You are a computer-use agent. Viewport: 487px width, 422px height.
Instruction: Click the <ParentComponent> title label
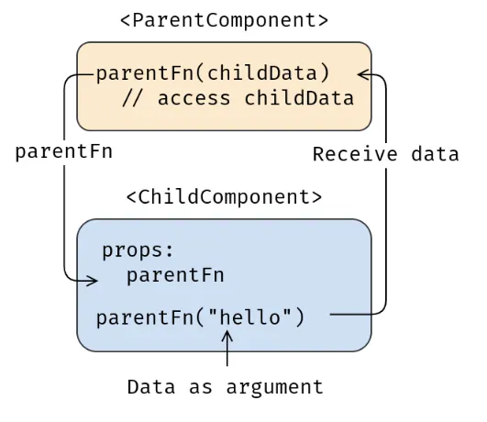coord(224,19)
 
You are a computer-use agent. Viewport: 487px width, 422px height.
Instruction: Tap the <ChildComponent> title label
coord(224,196)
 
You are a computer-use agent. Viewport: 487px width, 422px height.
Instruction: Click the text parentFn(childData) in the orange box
coord(213,73)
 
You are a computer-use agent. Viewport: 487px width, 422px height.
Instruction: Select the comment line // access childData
coord(238,98)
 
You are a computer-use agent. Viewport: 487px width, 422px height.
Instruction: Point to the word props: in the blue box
coord(138,250)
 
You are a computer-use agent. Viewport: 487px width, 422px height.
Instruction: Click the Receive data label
coord(385,154)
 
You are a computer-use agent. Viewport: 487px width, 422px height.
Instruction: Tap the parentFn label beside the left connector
coord(63,151)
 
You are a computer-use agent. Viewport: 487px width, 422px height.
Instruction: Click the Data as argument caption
coord(225,387)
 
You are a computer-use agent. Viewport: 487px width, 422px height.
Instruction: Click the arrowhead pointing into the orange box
coord(363,74)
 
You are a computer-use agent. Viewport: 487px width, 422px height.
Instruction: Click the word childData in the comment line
coord(298,98)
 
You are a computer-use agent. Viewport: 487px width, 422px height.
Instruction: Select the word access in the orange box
coord(194,98)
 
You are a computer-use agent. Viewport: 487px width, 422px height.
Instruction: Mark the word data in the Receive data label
coord(435,154)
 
